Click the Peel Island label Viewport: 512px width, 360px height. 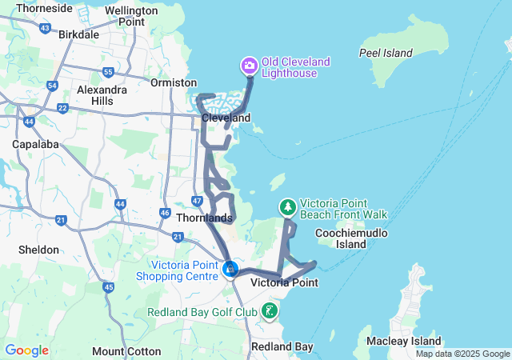(386, 54)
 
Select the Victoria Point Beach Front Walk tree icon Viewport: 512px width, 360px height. (287, 207)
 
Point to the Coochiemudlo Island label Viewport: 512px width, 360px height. (351, 238)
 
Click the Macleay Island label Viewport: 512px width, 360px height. (403, 342)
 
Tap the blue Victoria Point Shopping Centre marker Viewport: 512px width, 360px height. (230, 270)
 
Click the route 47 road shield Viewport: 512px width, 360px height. (198, 200)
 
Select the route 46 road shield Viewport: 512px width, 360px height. (165, 214)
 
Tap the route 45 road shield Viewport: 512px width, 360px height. (109, 286)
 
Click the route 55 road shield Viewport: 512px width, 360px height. (108, 72)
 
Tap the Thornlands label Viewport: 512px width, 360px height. (204, 218)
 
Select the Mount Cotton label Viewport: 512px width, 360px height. (120, 351)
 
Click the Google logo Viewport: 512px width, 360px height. (27, 350)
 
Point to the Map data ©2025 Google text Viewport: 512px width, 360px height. (462, 354)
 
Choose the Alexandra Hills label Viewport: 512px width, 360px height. (101, 95)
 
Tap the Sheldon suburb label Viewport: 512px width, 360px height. (39, 250)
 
